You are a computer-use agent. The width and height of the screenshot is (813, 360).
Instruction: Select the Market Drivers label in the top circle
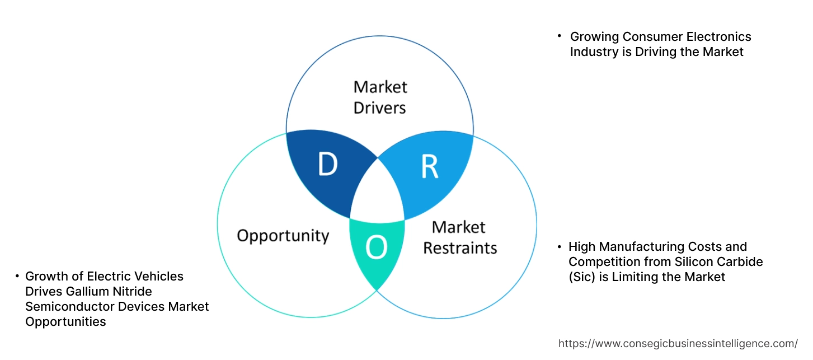[x=380, y=97]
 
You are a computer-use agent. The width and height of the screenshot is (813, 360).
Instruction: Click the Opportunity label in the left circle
[x=283, y=235]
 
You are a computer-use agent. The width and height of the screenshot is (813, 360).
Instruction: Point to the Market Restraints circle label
[x=459, y=237]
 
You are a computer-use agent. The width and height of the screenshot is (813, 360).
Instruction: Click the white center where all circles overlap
[x=377, y=193]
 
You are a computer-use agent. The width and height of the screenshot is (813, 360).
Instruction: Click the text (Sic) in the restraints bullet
[x=581, y=277]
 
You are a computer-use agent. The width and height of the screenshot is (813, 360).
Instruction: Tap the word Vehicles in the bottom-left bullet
[x=158, y=277]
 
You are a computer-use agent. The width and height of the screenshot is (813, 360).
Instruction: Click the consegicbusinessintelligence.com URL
[x=678, y=343]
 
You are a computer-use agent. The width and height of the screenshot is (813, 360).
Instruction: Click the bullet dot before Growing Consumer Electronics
[x=559, y=36]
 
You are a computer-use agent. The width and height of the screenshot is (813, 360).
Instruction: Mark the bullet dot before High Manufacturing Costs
[x=559, y=246]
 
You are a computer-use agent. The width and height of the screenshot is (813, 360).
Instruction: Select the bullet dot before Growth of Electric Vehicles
[x=17, y=276]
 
